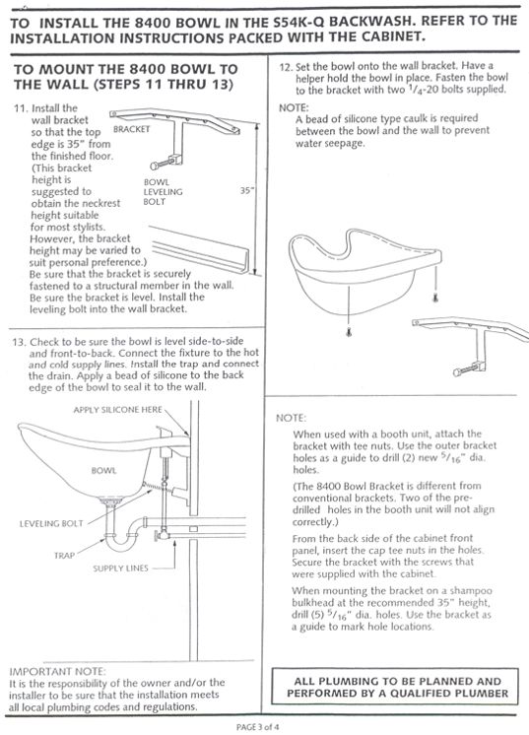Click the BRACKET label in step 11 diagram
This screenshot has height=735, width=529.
click(130, 128)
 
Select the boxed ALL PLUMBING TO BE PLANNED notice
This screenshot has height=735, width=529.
click(400, 687)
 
